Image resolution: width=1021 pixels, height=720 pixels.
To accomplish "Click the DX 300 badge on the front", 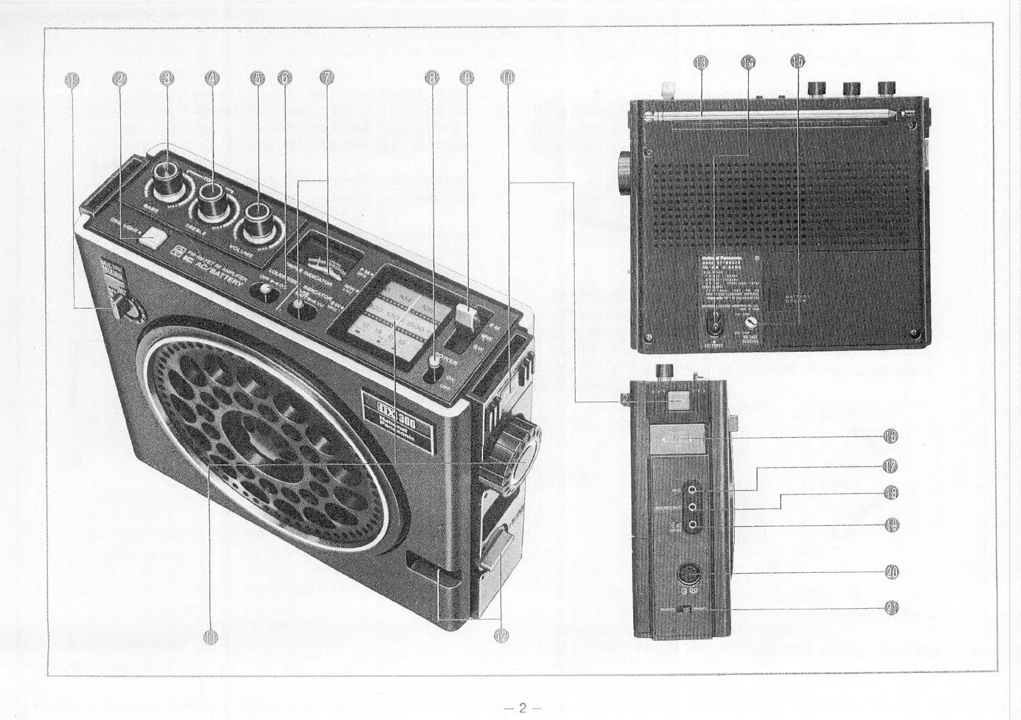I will coord(396,421).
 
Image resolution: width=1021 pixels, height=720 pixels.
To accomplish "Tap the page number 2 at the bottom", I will coord(522,709).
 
